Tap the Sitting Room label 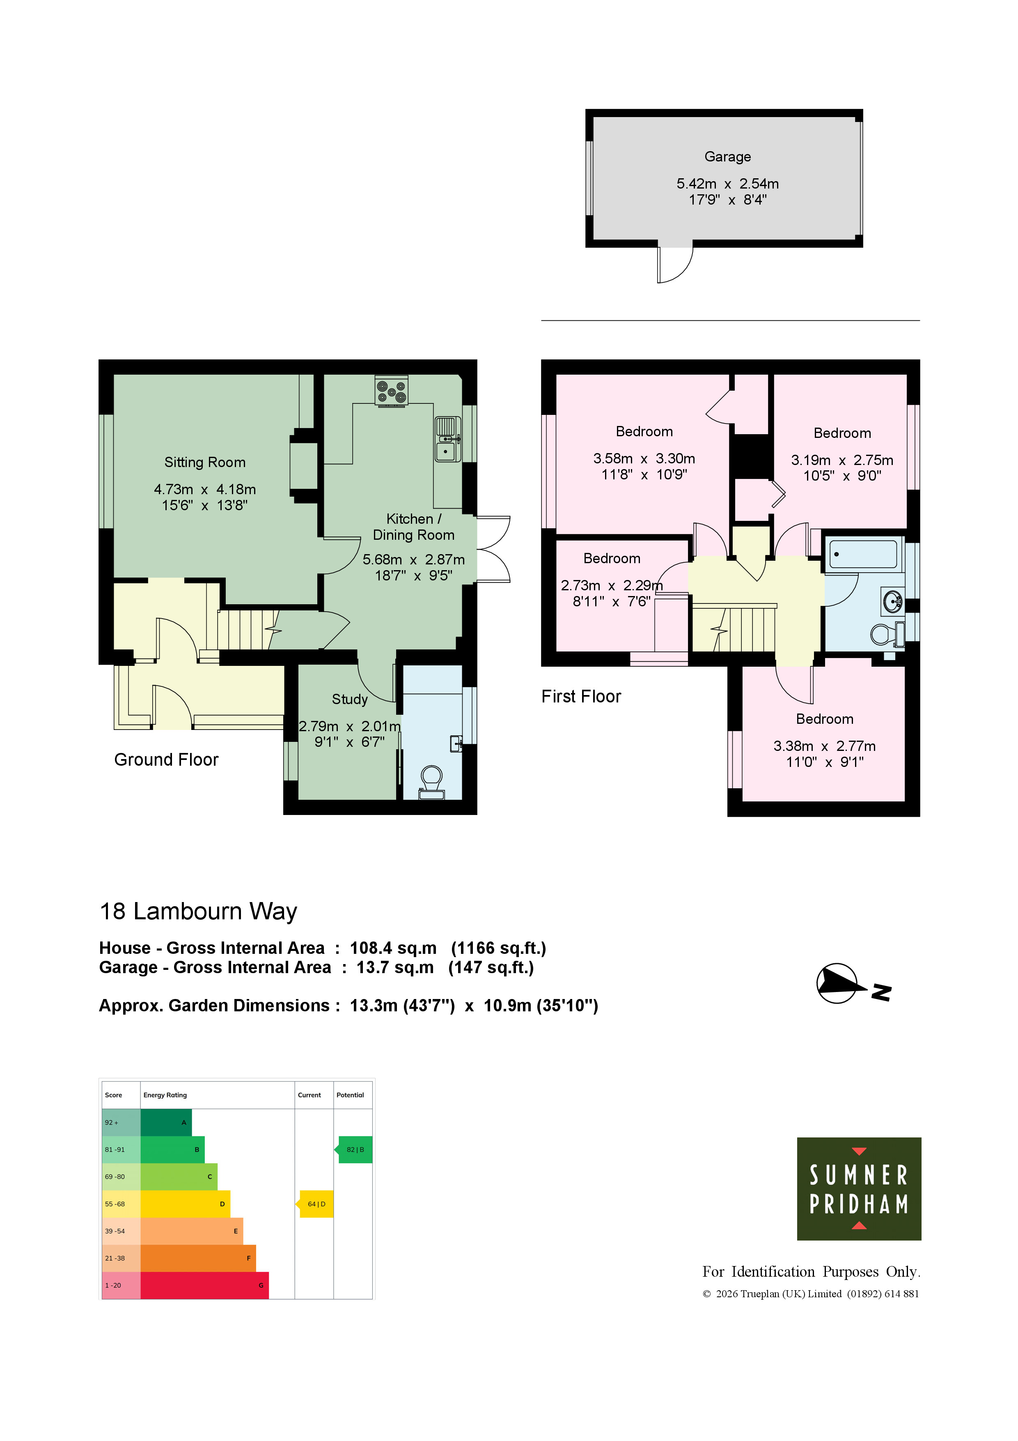point(205,462)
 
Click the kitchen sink point(447,440)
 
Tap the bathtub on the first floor point(864,554)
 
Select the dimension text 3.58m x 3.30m point(644,459)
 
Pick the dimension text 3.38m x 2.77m point(824,746)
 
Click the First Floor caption point(581,697)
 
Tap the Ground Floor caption point(166,760)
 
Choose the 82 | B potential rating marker point(354,1150)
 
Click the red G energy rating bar point(204,1285)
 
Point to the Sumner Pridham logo point(859,1189)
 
